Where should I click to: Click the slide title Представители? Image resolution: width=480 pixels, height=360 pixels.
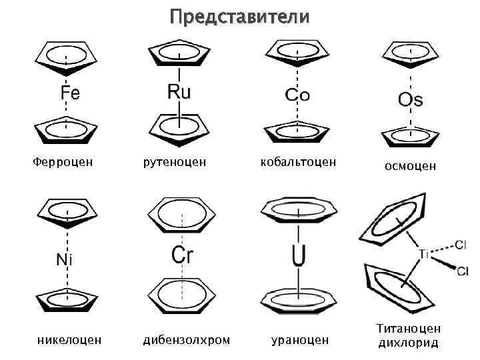tap(239, 15)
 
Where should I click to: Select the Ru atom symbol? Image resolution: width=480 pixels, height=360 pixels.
tap(179, 91)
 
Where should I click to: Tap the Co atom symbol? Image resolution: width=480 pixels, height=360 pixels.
tap(297, 95)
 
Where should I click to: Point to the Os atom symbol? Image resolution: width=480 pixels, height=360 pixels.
tap(410, 100)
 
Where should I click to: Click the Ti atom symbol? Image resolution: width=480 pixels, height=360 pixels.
tap(425, 254)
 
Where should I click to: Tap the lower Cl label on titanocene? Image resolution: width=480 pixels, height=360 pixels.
tap(463, 270)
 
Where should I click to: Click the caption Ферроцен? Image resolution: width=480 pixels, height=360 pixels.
tap(63, 161)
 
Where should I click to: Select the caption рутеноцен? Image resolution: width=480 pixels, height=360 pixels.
tap(174, 161)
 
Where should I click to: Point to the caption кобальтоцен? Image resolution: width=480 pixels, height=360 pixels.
tap(298, 161)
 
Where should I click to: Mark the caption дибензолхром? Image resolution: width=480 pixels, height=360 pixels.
tap(187, 340)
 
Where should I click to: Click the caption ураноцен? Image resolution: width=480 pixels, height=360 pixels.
tap(299, 340)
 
